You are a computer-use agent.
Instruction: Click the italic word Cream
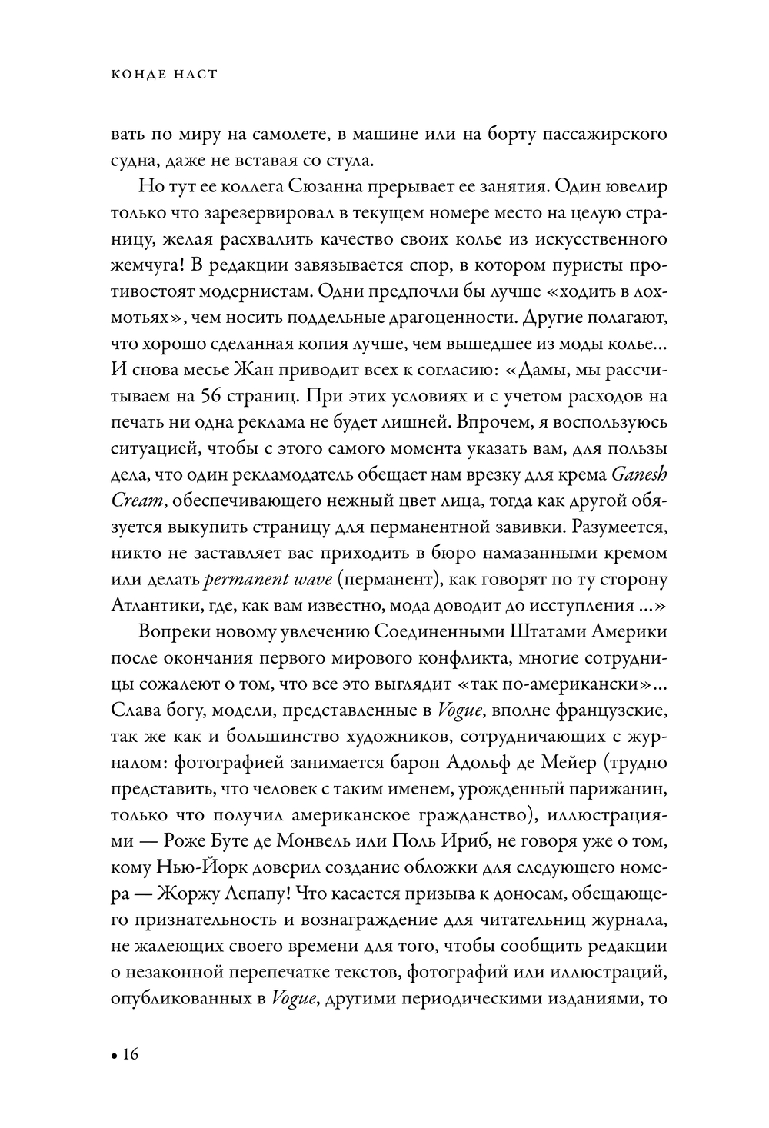(137, 500)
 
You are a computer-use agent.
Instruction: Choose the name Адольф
(504, 761)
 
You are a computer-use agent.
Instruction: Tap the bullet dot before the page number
(114, 1056)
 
